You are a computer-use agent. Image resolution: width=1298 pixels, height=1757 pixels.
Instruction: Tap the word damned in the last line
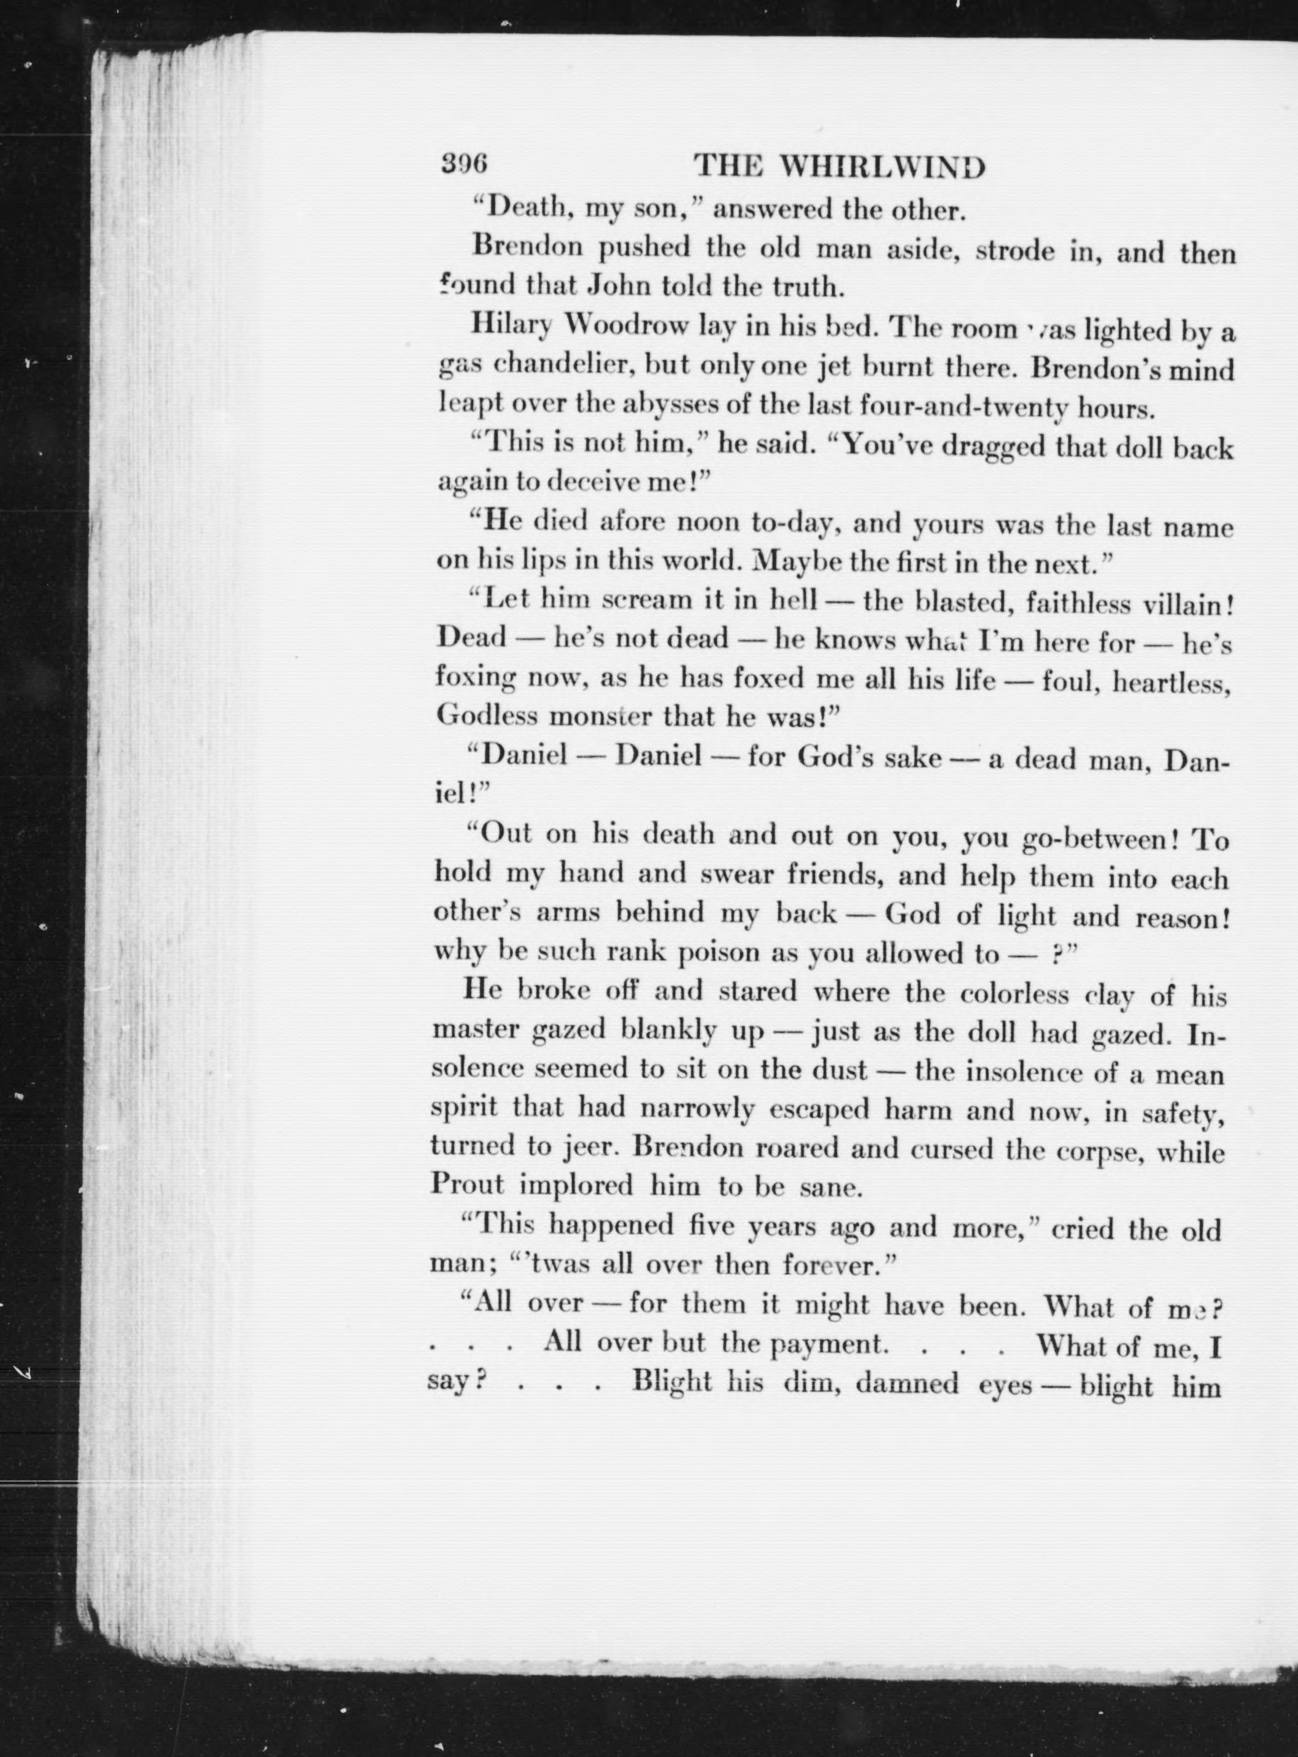[906, 1382]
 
